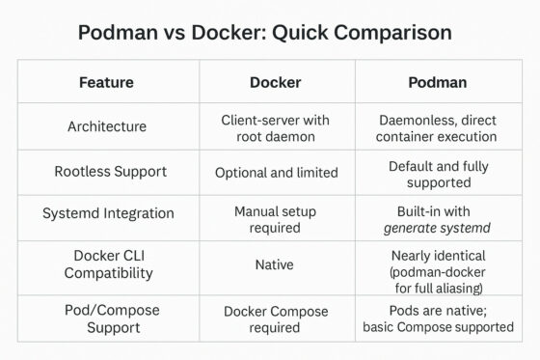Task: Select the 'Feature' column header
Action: click(106, 82)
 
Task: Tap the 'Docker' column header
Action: click(275, 82)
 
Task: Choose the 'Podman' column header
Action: click(439, 82)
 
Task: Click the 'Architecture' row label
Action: click(106, 126)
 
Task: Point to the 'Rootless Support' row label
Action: click(106, 172)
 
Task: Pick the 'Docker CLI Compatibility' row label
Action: click(106, 264)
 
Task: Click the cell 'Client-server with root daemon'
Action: click(275, 126)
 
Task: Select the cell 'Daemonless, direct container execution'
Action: click(439, 126)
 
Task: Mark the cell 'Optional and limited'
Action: click(275, 172)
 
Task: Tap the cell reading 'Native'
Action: click(275, 263)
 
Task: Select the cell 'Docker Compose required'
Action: click(275, 318)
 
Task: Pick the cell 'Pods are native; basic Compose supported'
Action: click(439, 318)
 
